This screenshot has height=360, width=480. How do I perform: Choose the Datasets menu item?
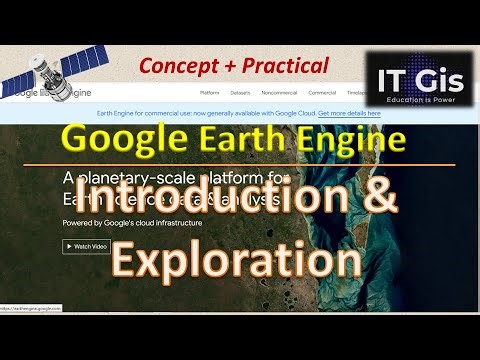(x=240, y=92)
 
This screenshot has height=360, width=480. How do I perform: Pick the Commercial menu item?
(x=322, y=92)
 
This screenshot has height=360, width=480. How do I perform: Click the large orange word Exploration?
(x=236, y=259)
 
